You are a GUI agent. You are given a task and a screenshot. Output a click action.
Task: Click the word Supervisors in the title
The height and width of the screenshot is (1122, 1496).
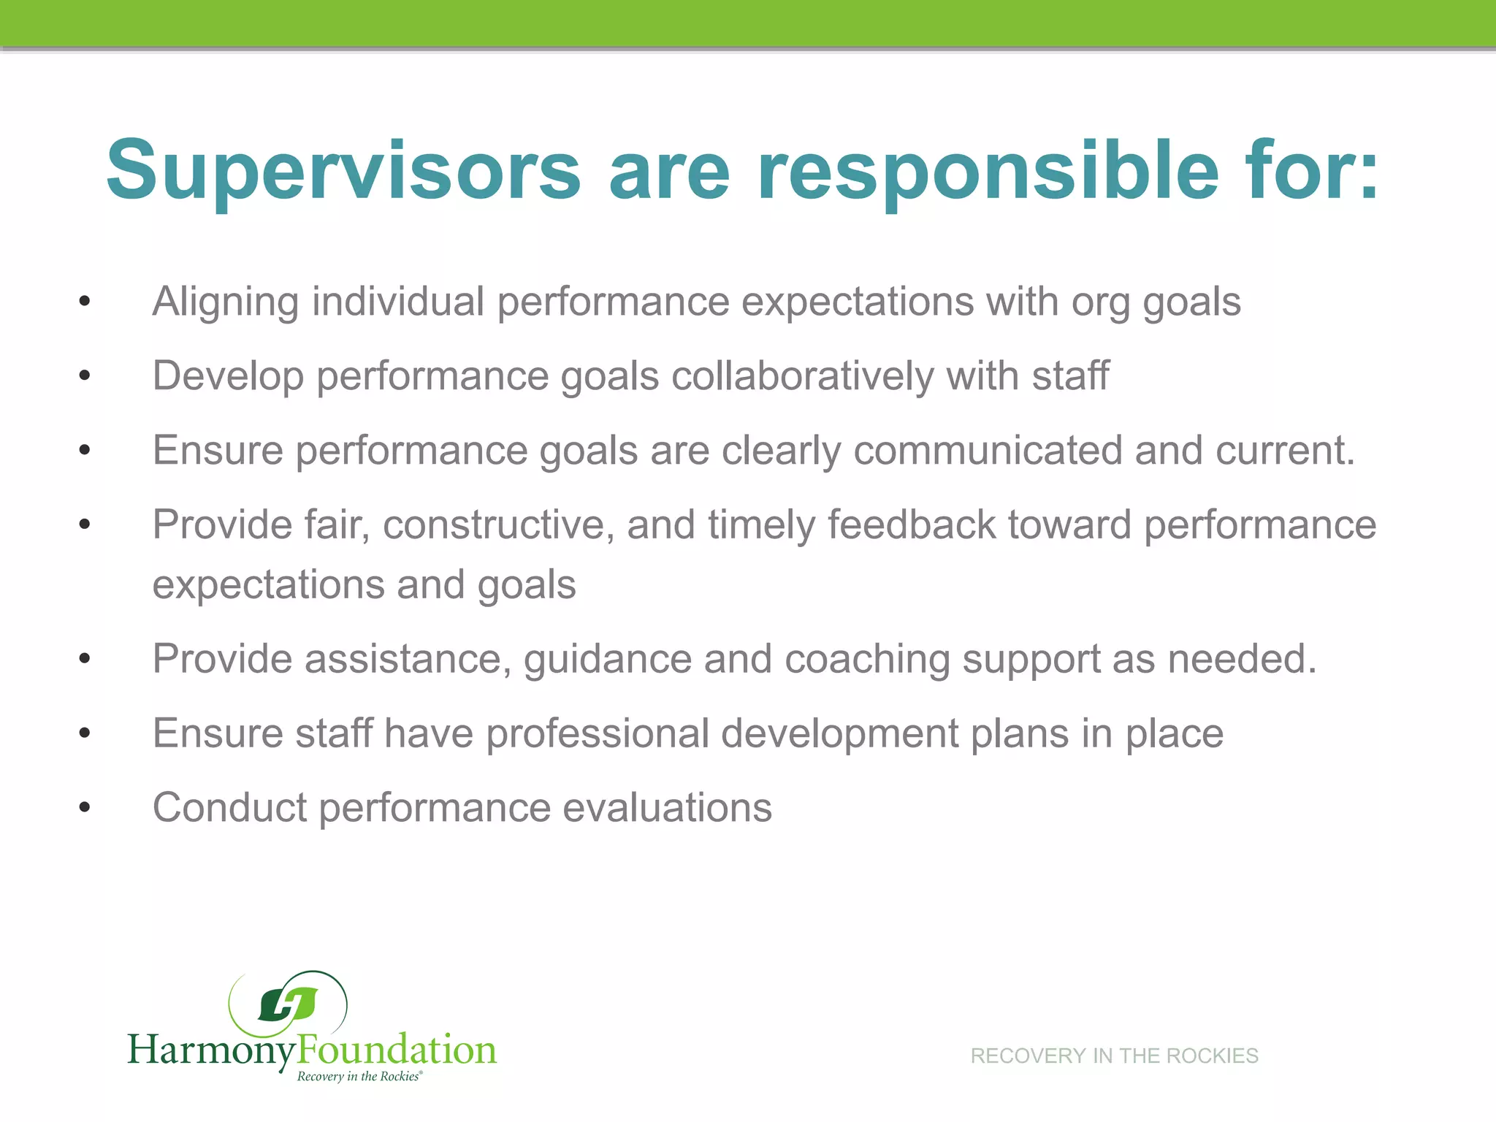pos(343,169)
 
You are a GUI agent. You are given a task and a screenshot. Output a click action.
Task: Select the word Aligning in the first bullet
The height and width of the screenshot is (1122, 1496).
pos(226,302)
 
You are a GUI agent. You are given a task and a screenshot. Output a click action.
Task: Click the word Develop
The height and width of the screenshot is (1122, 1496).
pos(228,376)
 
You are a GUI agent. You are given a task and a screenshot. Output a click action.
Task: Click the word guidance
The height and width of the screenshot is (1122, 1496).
pos(607,659)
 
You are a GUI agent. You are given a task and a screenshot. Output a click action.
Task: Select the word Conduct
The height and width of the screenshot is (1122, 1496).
pos(229,808)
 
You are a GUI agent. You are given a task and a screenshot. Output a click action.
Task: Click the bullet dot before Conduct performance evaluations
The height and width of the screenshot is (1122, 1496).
pos(85,808)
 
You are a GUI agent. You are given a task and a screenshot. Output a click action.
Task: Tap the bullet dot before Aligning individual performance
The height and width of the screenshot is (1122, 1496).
pos(85,302)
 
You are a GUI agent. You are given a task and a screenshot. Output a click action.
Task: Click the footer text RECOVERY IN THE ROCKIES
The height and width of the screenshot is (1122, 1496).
pos(1114,1056)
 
